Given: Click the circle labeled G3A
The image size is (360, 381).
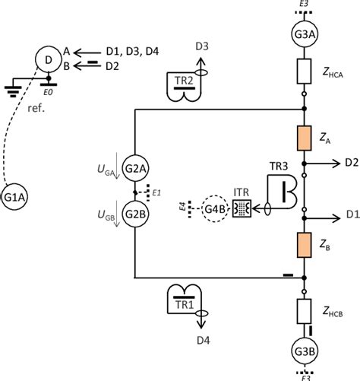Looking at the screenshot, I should [x=303, y=34].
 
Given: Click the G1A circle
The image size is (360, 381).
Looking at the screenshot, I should [x=17, y=195].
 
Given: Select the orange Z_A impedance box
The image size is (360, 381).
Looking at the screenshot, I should [x=303, y=140].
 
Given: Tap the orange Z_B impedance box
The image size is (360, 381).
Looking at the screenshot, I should [x=303, y=248].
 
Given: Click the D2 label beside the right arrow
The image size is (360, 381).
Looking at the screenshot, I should [x=351, y=162].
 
